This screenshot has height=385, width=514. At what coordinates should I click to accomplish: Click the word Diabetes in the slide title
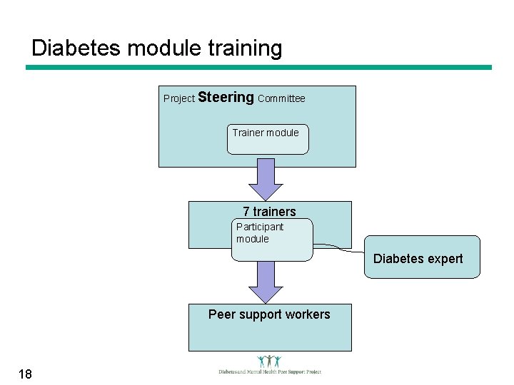[76, 48]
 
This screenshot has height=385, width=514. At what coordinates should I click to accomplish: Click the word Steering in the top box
[226, 97]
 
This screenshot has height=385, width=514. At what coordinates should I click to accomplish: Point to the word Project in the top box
[178, 98]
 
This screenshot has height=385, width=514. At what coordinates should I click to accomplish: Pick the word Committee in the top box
[281, 98]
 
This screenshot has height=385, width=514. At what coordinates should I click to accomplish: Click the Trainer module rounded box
[268, 140]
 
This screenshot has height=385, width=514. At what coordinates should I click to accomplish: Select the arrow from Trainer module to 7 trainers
[266, 178]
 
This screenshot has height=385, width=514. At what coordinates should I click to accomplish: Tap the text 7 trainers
[269, 211]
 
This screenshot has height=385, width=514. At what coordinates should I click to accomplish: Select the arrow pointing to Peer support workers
[266, 282]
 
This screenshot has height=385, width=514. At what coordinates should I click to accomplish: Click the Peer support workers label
[269, 314]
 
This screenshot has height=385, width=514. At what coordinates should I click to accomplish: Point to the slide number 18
[26, 374]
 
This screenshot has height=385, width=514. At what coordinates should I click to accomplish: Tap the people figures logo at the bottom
[269, 361]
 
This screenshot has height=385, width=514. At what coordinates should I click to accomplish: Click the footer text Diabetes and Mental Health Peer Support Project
[270, 371]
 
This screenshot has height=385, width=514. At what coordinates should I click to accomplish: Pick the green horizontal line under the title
[258, 68]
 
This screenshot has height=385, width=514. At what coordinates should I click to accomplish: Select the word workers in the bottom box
[306, 314]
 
